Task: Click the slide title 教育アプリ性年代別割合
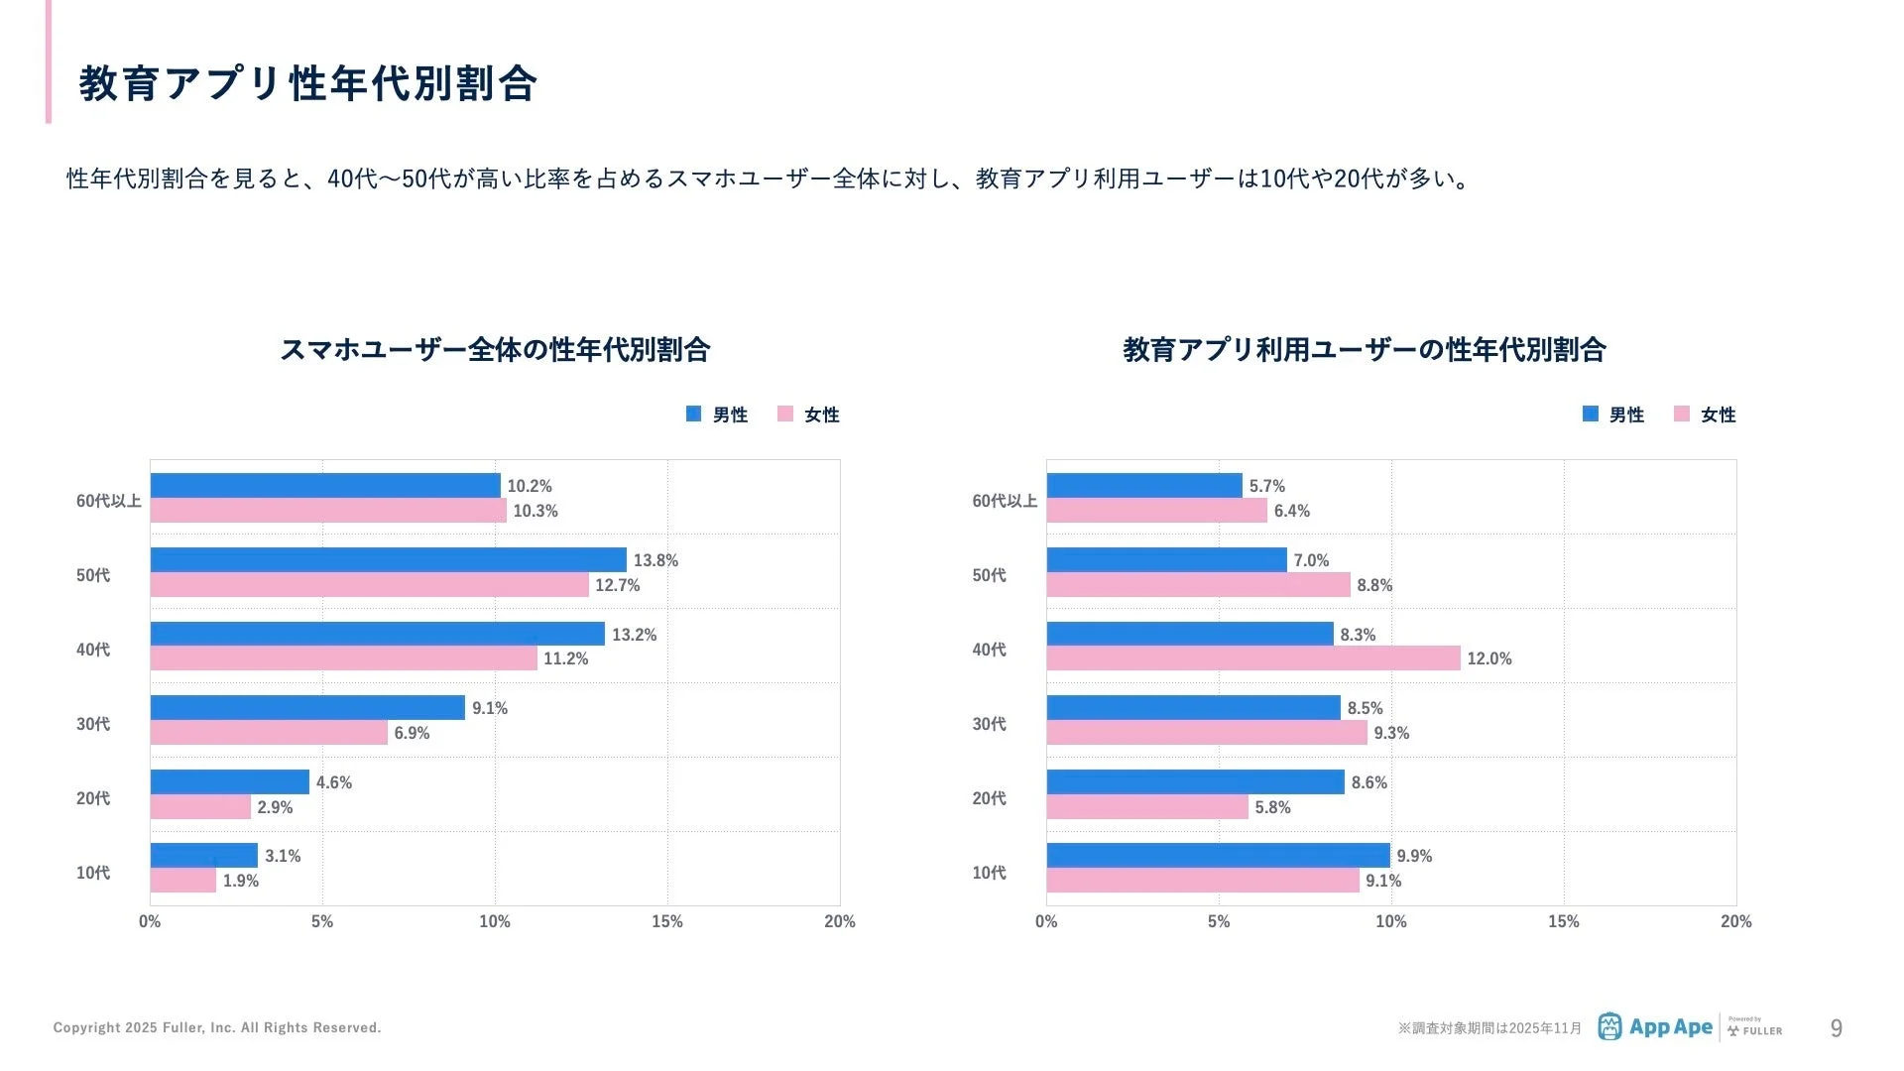pos(307,84)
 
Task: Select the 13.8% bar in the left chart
pos(388,560)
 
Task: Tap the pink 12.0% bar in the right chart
pos(1252,658)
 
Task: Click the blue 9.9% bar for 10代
pos(1218,856)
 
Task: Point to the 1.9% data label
pos(241,881)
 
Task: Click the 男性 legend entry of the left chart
pos(717,415)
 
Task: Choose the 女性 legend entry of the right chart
pos(1705,415)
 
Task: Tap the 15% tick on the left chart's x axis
pos(666,921)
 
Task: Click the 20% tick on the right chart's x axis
pos(1735,921)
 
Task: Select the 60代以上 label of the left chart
pos(108,501)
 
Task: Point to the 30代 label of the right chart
pos(989,724)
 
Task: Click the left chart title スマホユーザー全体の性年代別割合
pos(495,350)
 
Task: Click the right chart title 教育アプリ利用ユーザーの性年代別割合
pos(1364,350)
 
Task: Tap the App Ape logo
pos(1655,1027)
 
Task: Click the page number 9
pos(1836,1028)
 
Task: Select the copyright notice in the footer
pos(217,1027)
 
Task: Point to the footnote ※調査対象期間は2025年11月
pos(1489,1028)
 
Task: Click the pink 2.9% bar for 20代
pos(200,807)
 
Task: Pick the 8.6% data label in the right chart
pos(1368,782)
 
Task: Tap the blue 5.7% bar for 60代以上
pos(1143,486)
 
